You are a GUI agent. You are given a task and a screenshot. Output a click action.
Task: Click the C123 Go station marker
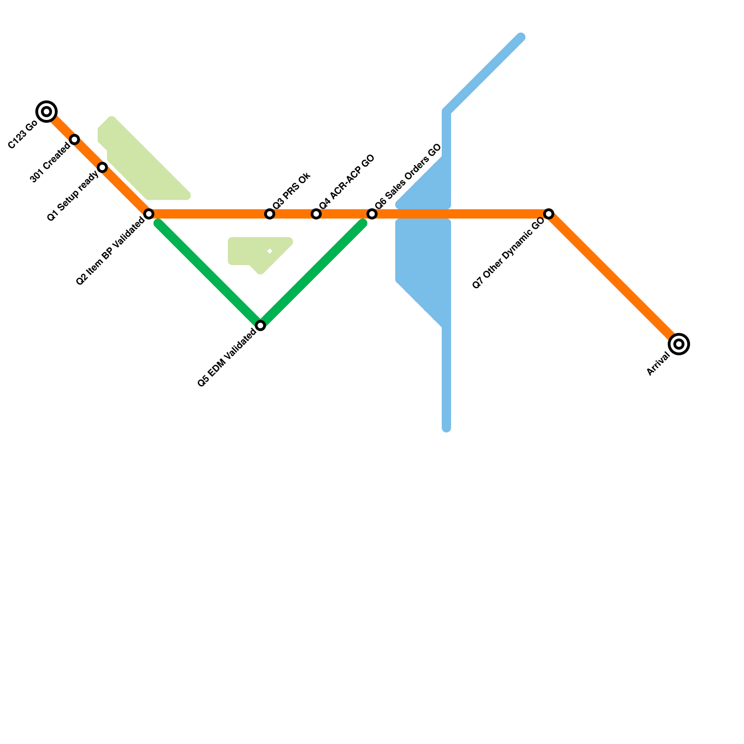coord(46,112)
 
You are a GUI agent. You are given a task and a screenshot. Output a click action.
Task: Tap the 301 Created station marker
coord(74,139)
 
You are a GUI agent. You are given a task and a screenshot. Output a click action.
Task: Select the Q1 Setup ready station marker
coord(102,167)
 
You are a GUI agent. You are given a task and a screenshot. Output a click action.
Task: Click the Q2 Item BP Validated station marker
coord(149,214)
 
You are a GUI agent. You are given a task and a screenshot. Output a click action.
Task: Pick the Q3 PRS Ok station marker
coord(270,214)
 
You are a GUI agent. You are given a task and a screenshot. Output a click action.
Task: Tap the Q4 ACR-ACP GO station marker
coord(316,214)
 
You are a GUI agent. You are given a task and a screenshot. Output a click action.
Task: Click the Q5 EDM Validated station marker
coord(260,325)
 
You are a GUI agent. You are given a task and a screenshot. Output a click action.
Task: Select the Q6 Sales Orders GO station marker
coord(372,214)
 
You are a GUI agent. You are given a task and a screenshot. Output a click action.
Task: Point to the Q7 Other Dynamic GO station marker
coord(549,214)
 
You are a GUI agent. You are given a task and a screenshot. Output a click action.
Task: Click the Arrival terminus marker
coord(679,344)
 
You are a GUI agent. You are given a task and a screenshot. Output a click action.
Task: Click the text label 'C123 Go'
coord(23,135)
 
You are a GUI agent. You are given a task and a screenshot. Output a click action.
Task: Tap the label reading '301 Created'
coord(50,163)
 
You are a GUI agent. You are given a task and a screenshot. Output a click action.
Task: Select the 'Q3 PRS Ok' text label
coord(292,191)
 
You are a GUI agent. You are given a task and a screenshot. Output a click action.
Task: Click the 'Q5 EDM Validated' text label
coord(226,358)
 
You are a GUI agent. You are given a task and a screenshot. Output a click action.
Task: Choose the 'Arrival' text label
coord(658,364)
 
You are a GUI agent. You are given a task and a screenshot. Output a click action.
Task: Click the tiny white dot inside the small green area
coord(270,252)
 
